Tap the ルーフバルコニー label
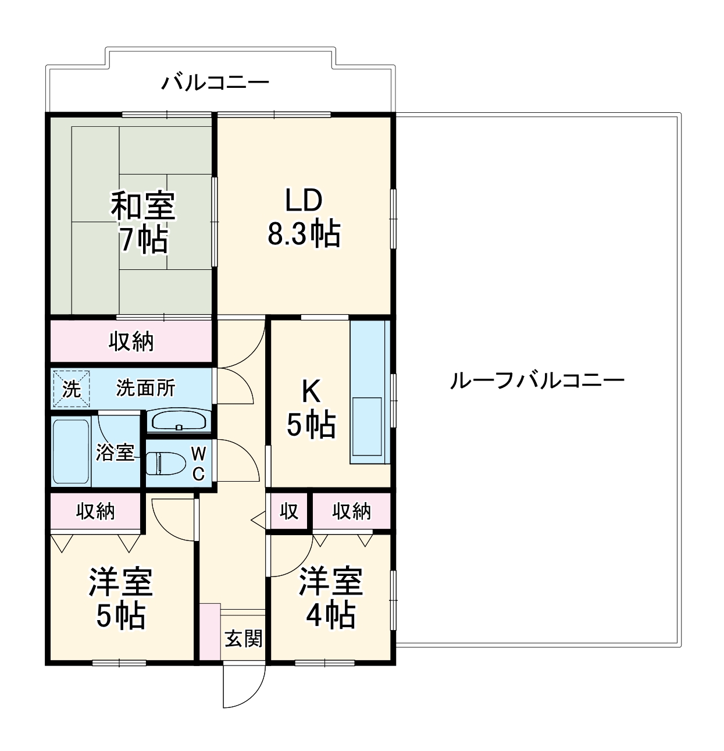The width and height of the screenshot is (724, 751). pos(537,380)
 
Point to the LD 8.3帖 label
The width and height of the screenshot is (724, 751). pos(304,218)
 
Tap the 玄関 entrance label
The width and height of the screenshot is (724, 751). pos(244,638)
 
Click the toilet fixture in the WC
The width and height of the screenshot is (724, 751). pos(166,464)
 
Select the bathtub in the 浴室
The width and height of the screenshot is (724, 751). pos(70,451)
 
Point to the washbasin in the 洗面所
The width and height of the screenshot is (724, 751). pos(178,421)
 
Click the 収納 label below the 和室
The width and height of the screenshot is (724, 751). pos(131,341)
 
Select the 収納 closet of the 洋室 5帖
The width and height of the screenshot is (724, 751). pos(96,511)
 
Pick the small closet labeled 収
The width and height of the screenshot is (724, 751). pos(288,511)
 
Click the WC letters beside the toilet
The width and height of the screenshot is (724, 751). pos(198,464)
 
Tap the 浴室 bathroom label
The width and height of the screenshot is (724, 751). pos(115,452)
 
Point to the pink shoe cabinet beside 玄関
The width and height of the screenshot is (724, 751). pos(210,631)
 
